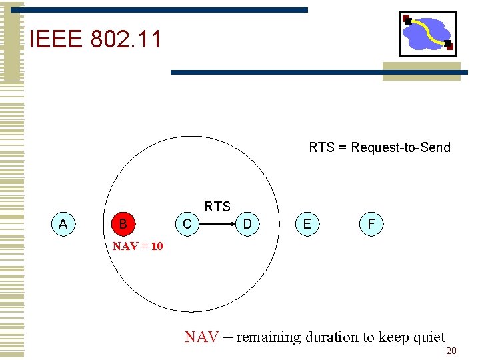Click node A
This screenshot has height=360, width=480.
point(63,224)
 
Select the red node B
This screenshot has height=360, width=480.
point(123,224)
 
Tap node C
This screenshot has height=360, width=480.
point(187,224)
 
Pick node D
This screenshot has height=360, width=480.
point(247,224)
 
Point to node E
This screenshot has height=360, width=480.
point(307,224)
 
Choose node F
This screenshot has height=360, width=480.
point(371,224)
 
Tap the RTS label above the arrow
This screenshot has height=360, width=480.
point(217,207)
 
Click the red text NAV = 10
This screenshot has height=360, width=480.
point(137,247)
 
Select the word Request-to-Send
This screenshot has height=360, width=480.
point(401,147)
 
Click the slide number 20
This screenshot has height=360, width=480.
point(451,351)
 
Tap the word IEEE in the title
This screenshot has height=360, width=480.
point(56,39)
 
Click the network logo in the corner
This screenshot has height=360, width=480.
point(428,33)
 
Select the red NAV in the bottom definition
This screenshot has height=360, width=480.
point(201,337)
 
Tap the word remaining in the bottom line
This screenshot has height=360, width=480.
point(269,337)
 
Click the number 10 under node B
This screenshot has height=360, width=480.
point(157,247)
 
